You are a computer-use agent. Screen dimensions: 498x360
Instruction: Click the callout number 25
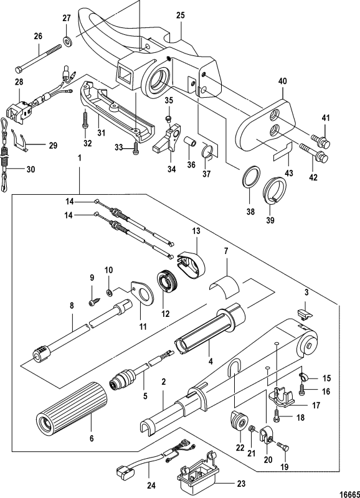(180, 14)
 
